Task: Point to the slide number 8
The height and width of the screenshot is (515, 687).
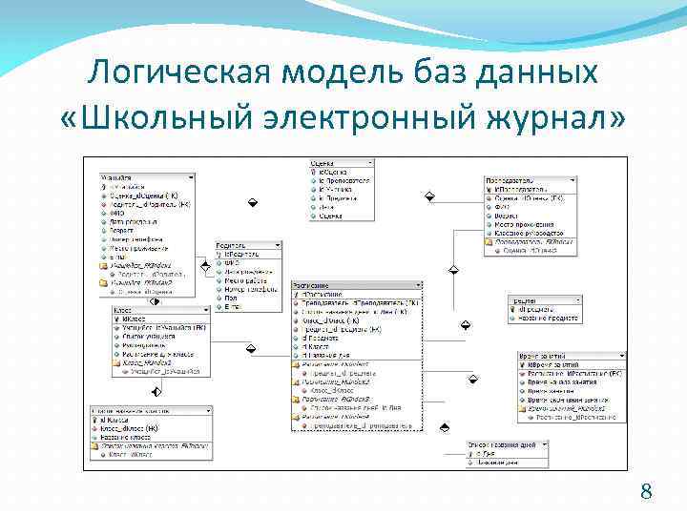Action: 646,492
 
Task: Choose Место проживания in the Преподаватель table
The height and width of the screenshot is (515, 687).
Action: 525,224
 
